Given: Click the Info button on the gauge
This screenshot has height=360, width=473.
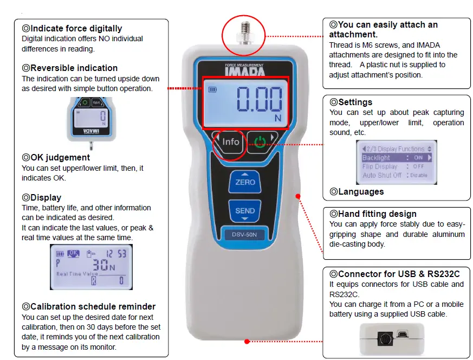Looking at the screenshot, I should tap(230, 142).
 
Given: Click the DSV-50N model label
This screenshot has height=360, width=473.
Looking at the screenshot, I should tap(245, 235).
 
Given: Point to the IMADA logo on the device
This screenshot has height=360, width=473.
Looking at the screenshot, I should tap(245, 71).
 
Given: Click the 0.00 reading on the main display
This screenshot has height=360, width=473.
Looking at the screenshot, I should tap(259, 101).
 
